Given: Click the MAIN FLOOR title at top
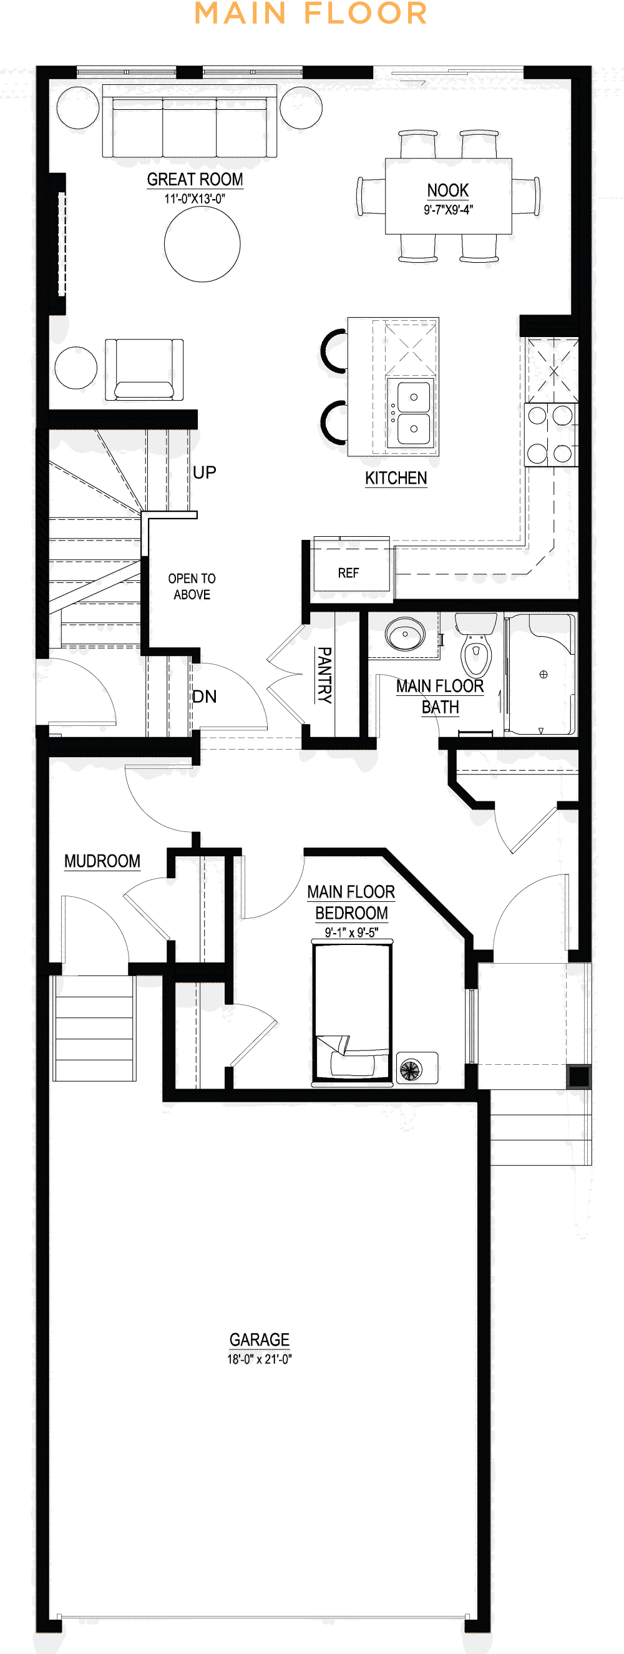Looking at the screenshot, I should [x=311, y=14].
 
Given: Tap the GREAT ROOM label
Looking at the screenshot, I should [x=195, y=179].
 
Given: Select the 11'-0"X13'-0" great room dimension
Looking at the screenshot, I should [x=195, y=199].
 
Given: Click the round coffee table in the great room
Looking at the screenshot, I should [x=202, y=244].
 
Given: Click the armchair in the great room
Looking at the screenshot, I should [x=144, y=370].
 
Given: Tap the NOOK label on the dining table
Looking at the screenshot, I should [x=447, y=190].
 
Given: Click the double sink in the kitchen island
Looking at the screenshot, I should [x=411, y=412].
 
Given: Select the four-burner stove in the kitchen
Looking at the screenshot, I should [x=550, y=434].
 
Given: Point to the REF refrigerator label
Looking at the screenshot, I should [x=349, y=573].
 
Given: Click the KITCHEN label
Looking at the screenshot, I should [x=396, y=477].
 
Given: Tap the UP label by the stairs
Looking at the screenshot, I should [x=204, y=472].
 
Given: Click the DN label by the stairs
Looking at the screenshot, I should [x=204, y=696].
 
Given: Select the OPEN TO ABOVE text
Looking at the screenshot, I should [x=192, y=586].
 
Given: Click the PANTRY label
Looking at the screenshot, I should [x=324, y=675].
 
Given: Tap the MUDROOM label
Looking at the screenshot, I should [x=102, y=861].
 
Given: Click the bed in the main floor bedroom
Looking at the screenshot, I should [x=352, y=1012].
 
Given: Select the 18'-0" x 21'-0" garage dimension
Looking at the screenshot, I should [x=260, y=1359].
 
